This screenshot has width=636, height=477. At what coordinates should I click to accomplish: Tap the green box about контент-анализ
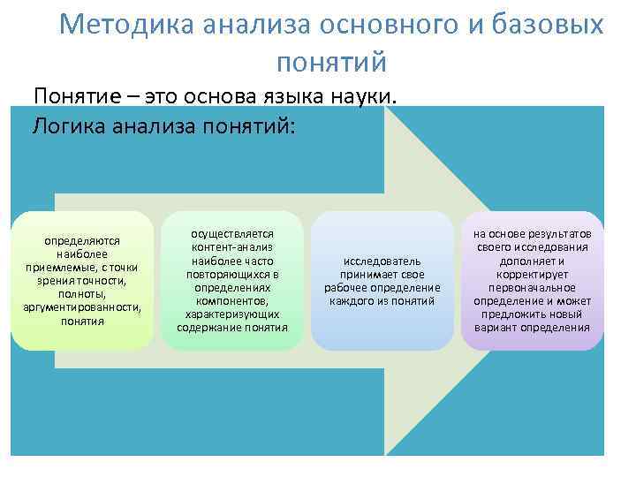click(x=232, y=280)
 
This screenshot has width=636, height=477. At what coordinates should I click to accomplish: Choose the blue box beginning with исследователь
click(x=382, y=280)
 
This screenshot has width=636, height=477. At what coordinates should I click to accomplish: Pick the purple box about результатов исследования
click(x=532, y=280)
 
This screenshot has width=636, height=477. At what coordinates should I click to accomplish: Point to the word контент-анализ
click(x=232, y=248)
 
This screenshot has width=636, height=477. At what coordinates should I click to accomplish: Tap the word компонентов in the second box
click(x=232, y=301)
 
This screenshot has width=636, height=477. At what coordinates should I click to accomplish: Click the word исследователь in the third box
click(x=382, y=261)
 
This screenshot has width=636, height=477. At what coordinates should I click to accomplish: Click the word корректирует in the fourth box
click(x=532, y=274)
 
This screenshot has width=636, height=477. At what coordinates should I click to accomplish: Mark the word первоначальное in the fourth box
click(x=532, y=288)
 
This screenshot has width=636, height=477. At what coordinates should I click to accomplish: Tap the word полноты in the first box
click(x=82, y=294)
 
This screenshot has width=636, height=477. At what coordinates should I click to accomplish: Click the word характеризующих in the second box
click(x=232, y=314)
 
